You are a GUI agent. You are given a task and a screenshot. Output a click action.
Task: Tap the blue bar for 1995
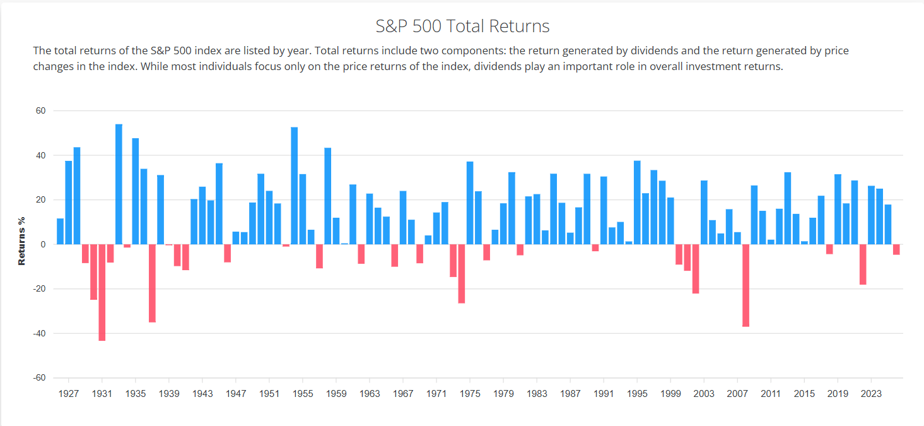tap(637, 203)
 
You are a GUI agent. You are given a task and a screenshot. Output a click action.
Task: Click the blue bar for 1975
tap(470, 203)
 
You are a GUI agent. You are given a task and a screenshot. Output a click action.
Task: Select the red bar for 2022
tap(863, 264)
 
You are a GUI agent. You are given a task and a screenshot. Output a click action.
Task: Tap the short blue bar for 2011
tap(771, 242)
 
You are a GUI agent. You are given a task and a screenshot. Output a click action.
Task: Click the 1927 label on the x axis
tap(68, 394)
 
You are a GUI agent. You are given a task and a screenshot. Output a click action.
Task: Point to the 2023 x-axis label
tap(871, 394)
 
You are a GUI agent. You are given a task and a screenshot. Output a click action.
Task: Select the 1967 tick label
tap(403, 394)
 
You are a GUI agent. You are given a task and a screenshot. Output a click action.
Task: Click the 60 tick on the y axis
tap(41, 111)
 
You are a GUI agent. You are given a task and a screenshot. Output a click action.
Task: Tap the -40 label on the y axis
tap(39, 333)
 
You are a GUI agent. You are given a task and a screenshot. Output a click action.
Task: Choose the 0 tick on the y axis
tap(44, 244)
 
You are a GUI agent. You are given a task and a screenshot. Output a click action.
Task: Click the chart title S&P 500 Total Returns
tap(462, 27)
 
